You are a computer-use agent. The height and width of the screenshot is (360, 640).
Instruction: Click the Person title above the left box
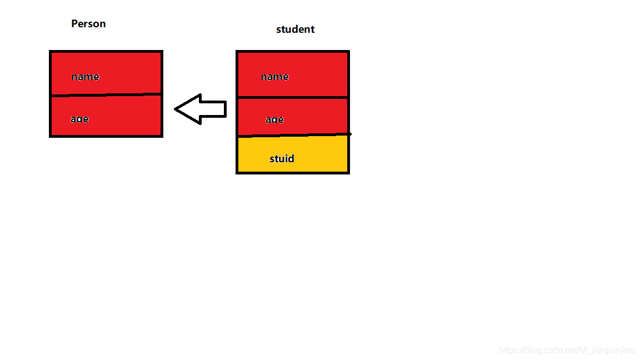88,24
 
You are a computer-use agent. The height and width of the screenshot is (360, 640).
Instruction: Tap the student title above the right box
295,29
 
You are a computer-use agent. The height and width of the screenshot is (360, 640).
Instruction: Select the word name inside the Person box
86,77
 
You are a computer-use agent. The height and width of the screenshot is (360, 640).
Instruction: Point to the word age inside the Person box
80,119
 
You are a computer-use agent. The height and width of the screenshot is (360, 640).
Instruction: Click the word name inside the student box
275,77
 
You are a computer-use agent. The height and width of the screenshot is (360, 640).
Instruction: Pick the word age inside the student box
274,119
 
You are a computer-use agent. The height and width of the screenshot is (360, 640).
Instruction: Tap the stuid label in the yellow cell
282,159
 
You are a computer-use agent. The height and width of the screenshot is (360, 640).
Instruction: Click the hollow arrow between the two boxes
201,109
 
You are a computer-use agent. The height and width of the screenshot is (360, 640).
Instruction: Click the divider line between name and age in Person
106,95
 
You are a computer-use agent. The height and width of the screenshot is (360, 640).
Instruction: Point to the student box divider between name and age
293,97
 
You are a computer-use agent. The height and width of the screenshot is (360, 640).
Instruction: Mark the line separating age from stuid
293,135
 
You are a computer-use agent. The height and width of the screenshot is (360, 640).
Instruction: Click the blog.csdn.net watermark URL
567,350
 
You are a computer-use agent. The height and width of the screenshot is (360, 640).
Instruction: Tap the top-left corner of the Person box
51,52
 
